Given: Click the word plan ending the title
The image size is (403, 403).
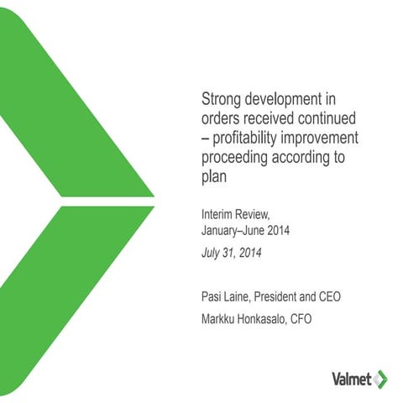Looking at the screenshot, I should coord(215,176).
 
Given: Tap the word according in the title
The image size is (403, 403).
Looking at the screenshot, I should coord(307,156).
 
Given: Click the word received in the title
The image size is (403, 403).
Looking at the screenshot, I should coord(275,117).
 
